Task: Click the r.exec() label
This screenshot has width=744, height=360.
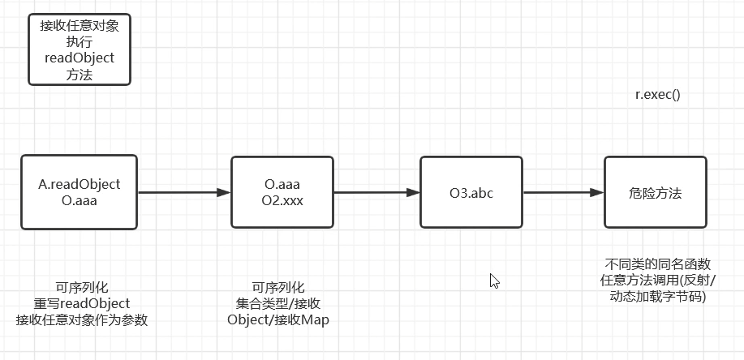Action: coord(657,94)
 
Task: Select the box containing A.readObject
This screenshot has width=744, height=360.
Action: coord(80,192)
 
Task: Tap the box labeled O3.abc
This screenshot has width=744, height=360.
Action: coord(471,192)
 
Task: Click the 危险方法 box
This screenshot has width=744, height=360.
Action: coord(655,192)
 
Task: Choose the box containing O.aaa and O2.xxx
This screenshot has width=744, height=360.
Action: coord(282,192)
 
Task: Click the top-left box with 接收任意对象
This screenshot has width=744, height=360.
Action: coord(79,49)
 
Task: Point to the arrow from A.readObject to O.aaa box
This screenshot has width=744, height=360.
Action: coord(184,193)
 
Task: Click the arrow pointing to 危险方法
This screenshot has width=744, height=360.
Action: coord(563,193)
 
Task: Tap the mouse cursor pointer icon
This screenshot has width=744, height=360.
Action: coord(493,281)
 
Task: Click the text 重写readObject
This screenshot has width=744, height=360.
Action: coord(81,303)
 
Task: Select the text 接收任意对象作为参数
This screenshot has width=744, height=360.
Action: coord(81,319)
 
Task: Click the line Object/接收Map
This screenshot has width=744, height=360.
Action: coord(278,319)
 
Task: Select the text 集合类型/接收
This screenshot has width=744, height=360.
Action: coord(278,303)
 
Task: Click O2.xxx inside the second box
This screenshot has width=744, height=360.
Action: coord(283,201)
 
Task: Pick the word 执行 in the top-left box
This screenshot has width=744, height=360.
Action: coord(79,41)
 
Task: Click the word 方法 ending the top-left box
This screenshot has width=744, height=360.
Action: coord(79,75)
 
